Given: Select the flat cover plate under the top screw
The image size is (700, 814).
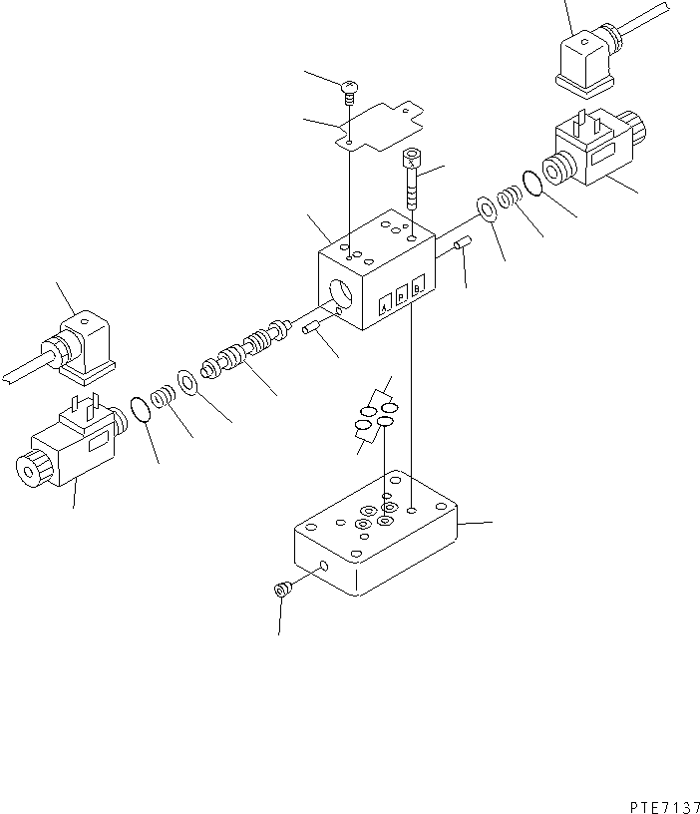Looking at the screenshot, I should [379, 129].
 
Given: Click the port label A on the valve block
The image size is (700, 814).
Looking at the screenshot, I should [385, 308].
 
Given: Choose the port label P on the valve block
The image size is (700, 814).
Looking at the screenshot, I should [402, 299].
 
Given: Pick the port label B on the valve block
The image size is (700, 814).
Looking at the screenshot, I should [419, 291].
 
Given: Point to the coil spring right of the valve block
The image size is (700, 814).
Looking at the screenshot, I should [509, 199].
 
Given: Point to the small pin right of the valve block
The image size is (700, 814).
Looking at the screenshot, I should [462, 244].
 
